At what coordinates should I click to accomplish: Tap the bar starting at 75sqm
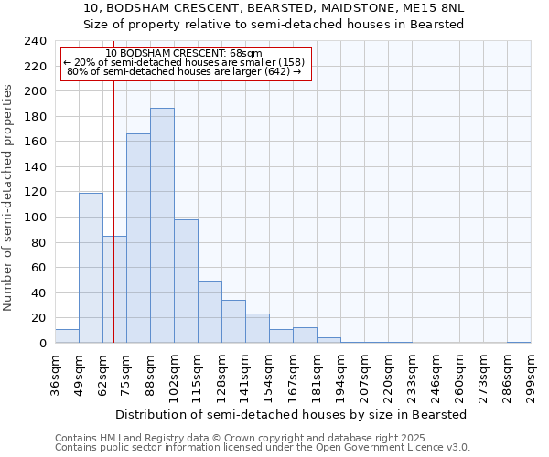coord(138,238)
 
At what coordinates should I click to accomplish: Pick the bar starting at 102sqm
coord(186,281)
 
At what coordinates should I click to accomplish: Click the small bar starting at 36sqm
coord(67,336)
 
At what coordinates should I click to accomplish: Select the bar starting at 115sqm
coord(210,312)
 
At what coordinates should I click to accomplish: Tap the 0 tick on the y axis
coord(43,344)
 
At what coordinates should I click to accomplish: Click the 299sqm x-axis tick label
coord(531,375)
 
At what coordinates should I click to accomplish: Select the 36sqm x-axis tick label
coord(56,375)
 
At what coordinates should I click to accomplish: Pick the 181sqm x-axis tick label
coord(318,375)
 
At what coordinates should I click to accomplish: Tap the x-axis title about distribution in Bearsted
coord(292,414)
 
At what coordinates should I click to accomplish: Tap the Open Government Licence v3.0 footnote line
coord(263,447)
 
